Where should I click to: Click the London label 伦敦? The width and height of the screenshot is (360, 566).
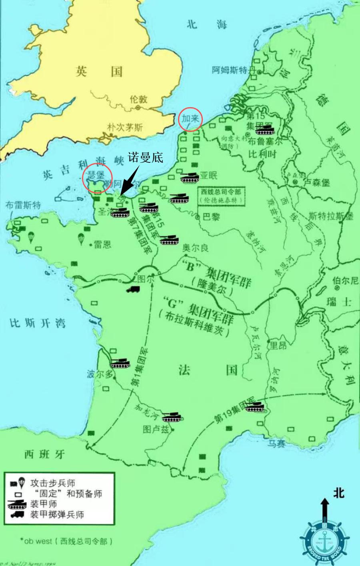tap(138, 99)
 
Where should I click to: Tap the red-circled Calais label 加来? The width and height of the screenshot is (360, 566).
tap(190, 118)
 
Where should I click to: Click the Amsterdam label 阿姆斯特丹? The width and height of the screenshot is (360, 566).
tap(234, 70)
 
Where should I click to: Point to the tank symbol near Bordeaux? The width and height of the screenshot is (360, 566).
tap(120, 363)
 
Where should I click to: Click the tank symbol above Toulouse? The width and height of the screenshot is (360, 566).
tap(172, 416)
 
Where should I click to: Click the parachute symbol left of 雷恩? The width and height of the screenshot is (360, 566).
tap(80, 239)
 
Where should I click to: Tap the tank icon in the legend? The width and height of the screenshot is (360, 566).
tap(17, 504)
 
